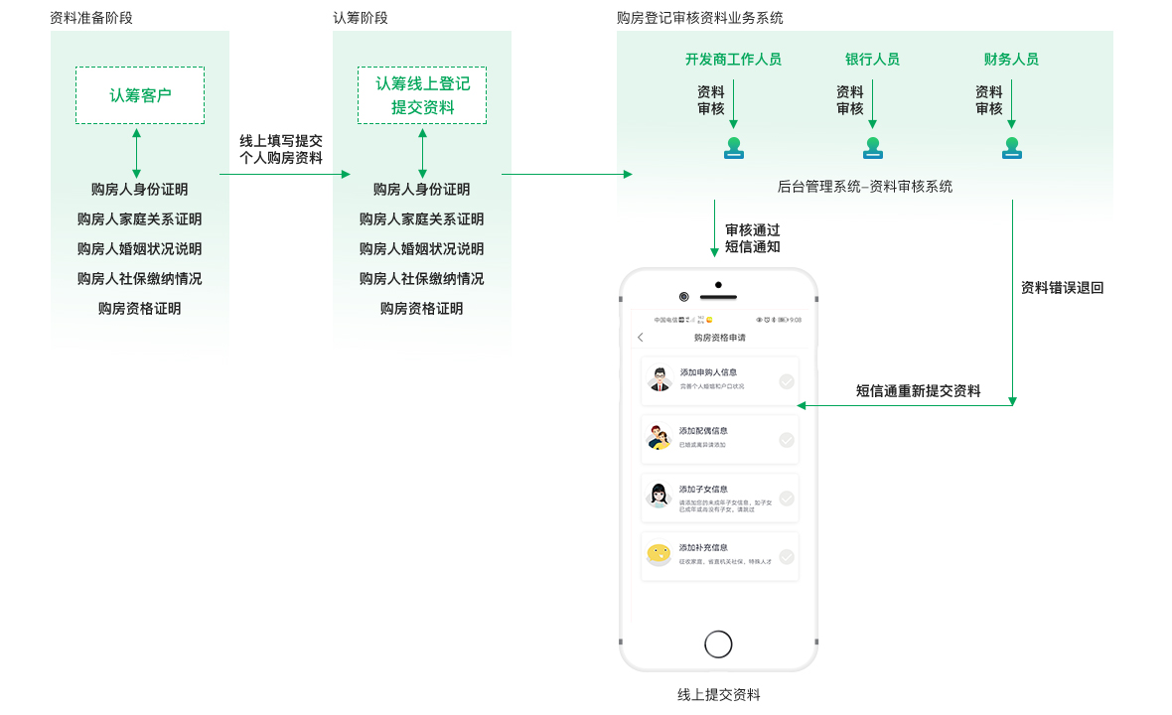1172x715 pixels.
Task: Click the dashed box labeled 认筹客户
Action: pyautogui.click(x=140, y=95)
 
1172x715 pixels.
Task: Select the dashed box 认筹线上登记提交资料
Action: pyautogui.click(x=422, y=95)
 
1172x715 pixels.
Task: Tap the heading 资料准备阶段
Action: pyautogui.click(x=91, y=18)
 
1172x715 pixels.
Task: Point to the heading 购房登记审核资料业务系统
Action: pyautogui.click(x=699, y=18)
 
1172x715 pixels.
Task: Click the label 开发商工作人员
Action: pyautogui.click(x=733, y=60)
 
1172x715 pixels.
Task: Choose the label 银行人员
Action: pyautogui.click(x=872, y=60)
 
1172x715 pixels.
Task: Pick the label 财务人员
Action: pyautogui.click(x=1011, y=60)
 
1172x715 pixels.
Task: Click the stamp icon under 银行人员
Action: pyautogui.click(x=873, y=148)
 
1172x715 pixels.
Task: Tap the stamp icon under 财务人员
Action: pyautogui.click(x=1012, y=148)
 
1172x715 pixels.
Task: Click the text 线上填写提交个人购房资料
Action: pyautogui.click(x=281, y=150)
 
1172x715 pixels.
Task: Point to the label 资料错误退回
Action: pyautogui.click(x=1062, y=288)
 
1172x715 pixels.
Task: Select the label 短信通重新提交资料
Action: pyautogui.click(x=918, y=391)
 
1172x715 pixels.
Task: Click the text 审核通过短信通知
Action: pyautogui.click(x=752, y=238)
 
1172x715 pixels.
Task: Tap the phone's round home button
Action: pyautogui.click(x=718, y=643)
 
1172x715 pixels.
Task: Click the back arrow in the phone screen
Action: pyautogui.click(x=641, y=338)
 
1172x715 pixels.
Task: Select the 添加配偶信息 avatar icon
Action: pyautogui.click(x=658, y=438)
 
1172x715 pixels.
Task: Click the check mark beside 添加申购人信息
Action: pyautogui.click(x=787, y=381)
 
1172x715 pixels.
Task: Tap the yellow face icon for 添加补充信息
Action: pyautogui.click(x=658, y=554)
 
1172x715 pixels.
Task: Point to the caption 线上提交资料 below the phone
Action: pyautogui.click(x=718, y=695)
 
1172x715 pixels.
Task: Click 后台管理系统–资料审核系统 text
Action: pyautogui.click(x=864, y=186)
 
